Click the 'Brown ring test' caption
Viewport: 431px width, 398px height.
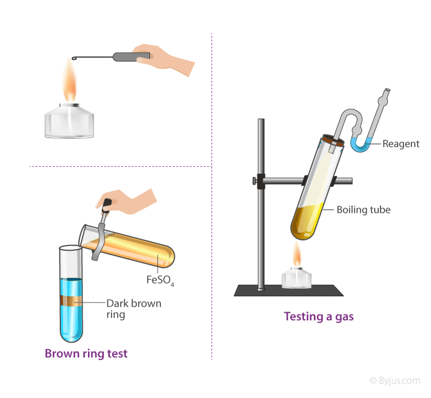point(86,354)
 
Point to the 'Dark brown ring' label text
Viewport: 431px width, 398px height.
point(134,309)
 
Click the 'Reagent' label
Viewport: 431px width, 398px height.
point(401,144)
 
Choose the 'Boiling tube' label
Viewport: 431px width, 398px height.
point(363,210)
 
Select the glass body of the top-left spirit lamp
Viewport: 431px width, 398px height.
point(70,123)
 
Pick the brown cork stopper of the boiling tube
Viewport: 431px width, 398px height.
point(332,140)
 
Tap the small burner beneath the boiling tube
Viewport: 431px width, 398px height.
point(297,278)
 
